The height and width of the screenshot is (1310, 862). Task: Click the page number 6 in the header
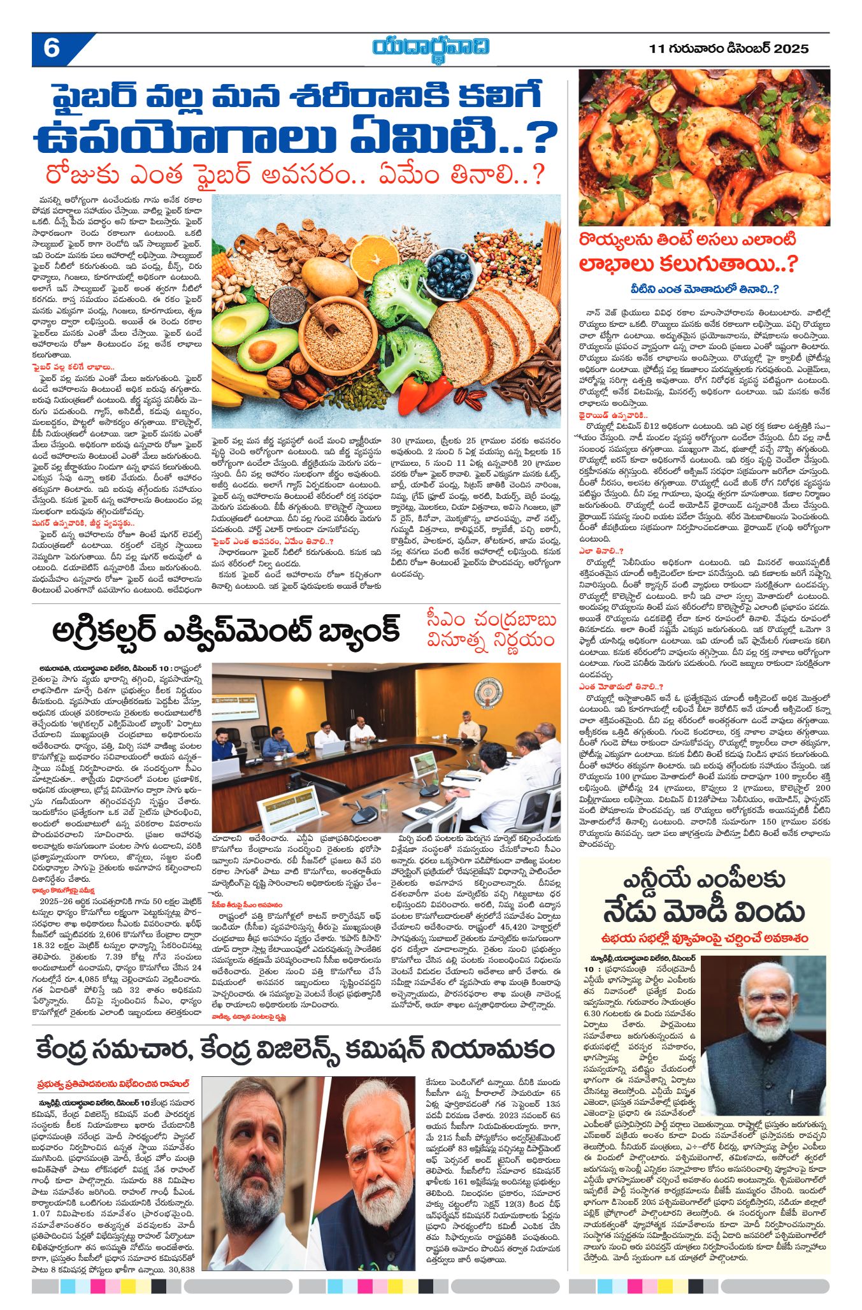[51, 48]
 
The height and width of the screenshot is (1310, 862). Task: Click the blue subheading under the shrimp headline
[704, 289]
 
